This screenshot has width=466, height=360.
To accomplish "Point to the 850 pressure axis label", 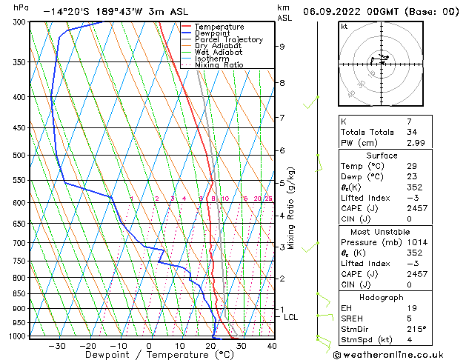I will point(20,294).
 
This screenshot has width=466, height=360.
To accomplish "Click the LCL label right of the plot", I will point(291,317).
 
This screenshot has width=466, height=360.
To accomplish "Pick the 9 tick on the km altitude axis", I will point(282,47).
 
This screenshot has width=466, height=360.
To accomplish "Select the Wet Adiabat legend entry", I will point(215,53).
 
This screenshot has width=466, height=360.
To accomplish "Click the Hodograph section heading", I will point(382,297).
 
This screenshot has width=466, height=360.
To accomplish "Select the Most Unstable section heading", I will point(382,231).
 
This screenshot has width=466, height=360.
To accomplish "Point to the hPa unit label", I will point(21,7).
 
